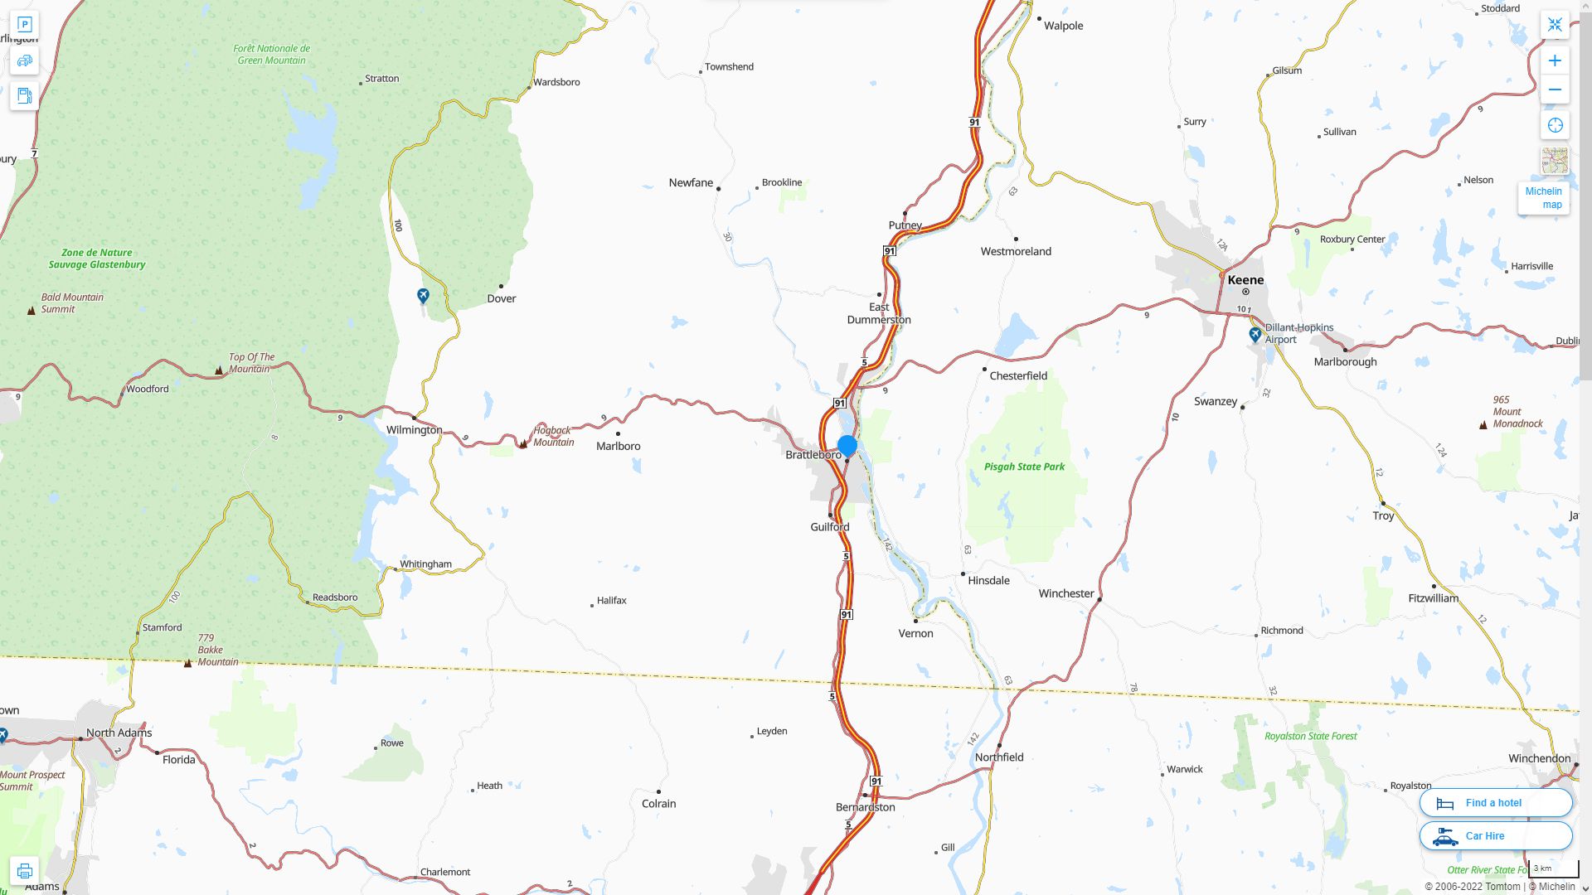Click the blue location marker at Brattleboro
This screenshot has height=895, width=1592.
847,446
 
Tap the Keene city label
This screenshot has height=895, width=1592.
1245,280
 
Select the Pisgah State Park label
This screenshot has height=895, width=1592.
1024,467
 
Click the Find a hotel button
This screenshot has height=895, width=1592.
1495,802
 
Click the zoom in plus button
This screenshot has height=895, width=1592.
1555,60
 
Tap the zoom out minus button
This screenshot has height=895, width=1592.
1555,89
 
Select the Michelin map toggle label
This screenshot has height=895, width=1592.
1543,197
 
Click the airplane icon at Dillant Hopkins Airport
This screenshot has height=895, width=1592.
1255,335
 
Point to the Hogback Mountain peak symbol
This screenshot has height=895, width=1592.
523,444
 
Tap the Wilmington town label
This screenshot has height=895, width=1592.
414,430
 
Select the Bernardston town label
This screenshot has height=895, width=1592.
865,807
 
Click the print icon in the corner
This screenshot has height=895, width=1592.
24,871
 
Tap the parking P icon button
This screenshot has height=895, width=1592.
24,25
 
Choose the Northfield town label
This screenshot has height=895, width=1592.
998,757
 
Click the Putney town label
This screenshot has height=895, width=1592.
905,225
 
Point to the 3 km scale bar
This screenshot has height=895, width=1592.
1553,869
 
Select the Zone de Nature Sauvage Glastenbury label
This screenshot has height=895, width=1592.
96,259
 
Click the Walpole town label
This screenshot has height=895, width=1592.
1063,26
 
